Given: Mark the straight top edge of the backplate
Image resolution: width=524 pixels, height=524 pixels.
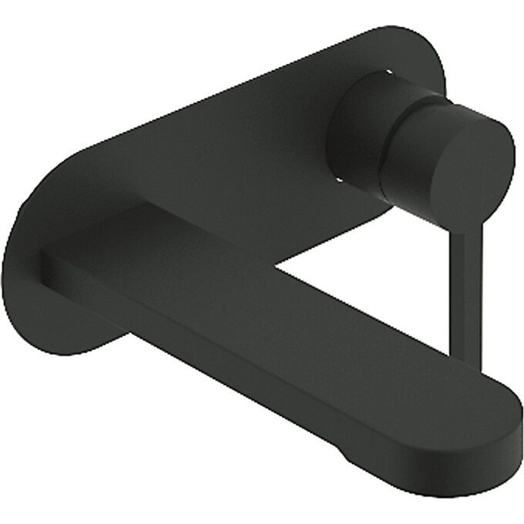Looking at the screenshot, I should (231, 85).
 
